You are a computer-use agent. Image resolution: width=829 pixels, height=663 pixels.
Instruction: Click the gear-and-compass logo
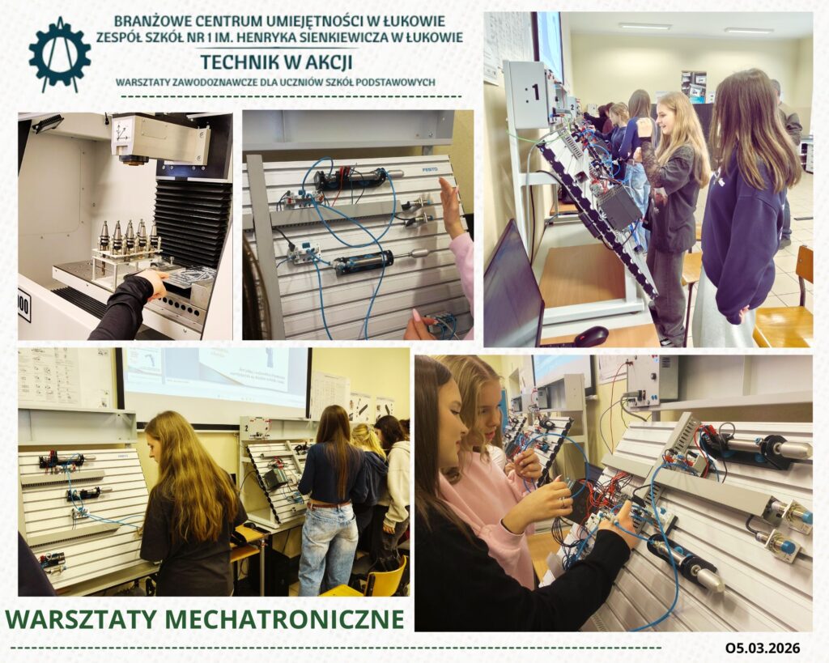pyautogui.click(x=60, y=54)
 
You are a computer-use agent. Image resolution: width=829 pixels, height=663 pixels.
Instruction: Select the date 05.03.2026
pyautogui.click(x=763, y=648)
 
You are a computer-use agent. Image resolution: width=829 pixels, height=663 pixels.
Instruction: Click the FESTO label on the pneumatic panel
pyautogui.click(x=430, y=169)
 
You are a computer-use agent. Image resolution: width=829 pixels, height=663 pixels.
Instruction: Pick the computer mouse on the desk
pyautogui.click(x=592, y=336)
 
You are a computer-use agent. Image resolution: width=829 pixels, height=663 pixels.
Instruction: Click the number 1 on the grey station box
pyautogui.click(x=535, y=93)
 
